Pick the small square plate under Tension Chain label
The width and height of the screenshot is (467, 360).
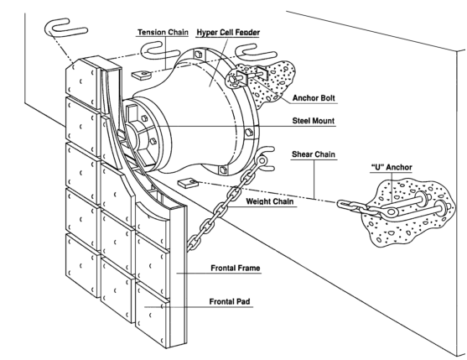click(x=140, y=75)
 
